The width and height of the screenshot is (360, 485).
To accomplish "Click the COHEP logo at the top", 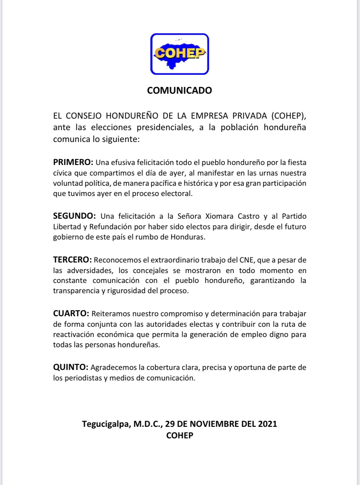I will click(x=180, y=54).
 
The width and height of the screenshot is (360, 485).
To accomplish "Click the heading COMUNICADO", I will click(x=180, y=90).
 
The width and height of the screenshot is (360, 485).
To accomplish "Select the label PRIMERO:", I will click(x=73, y=162).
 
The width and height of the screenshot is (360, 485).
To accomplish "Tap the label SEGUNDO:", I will click(x=74, y=216).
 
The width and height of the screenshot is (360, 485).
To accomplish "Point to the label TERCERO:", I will click(x=72, y=260).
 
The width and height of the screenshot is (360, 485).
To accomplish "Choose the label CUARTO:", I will click(x=71, y=314).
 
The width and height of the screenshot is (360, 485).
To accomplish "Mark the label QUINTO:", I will click(x=70, y=367).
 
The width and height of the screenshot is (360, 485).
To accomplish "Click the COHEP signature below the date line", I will click(x=180, y=435).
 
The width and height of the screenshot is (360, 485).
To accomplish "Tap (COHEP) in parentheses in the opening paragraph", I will click(x=288, y=116).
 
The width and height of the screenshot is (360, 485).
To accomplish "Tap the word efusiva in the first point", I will click(x=123, y=162).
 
